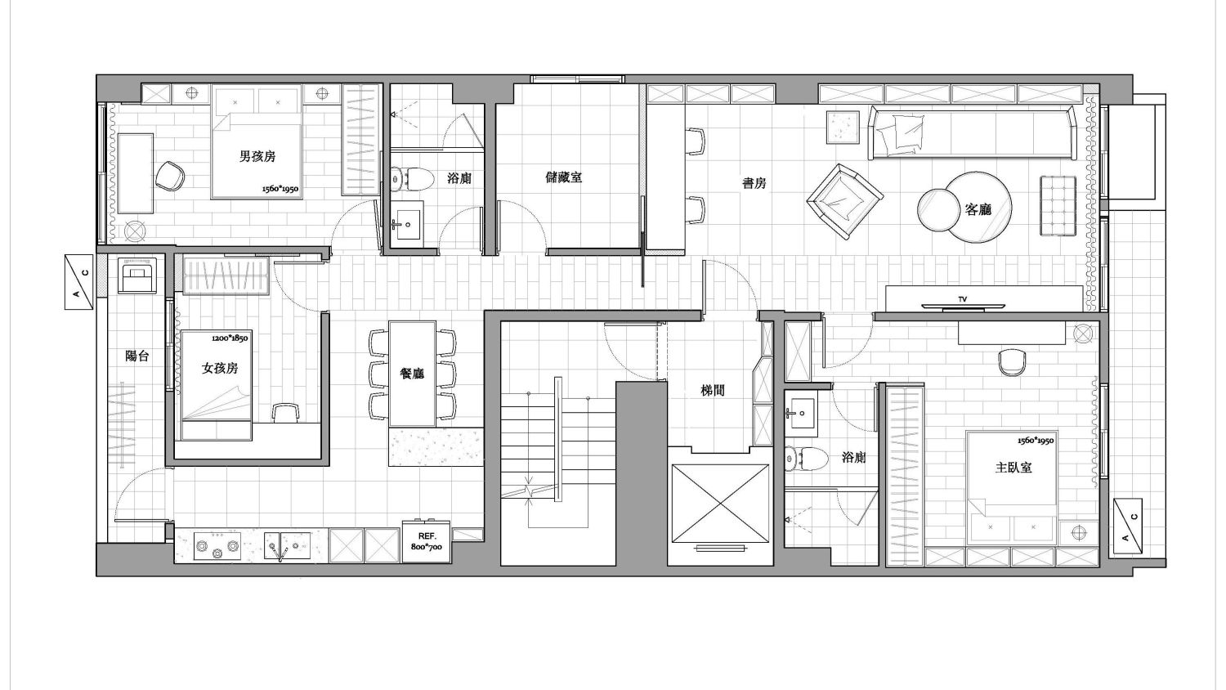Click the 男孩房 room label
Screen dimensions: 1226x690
pos(257,157)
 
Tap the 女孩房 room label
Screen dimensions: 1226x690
pos(220,369)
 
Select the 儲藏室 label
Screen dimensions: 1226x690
pos(564,177)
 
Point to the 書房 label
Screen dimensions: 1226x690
pos(754,183)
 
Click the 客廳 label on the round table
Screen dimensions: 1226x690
pos(978,209)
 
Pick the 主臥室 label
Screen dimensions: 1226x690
pos(1013,468)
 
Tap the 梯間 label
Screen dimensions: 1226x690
pos(713,391)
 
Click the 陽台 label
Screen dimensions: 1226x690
pos(136,356)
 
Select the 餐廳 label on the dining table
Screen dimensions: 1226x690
pos(412,374)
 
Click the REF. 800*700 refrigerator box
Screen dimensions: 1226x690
pos(427,541)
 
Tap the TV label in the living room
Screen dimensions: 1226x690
pos(963,299)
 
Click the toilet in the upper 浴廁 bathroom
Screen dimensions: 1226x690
pos(412,178)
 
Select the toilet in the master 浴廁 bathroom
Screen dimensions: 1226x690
pos(805,459)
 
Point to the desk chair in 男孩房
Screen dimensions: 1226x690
pos(170,176)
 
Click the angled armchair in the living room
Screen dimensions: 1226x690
pos(844,202)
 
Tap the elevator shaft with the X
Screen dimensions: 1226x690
pos(720,504)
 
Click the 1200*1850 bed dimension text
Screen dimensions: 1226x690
pos(230,338)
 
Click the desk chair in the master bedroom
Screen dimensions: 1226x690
pos(1012,362)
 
